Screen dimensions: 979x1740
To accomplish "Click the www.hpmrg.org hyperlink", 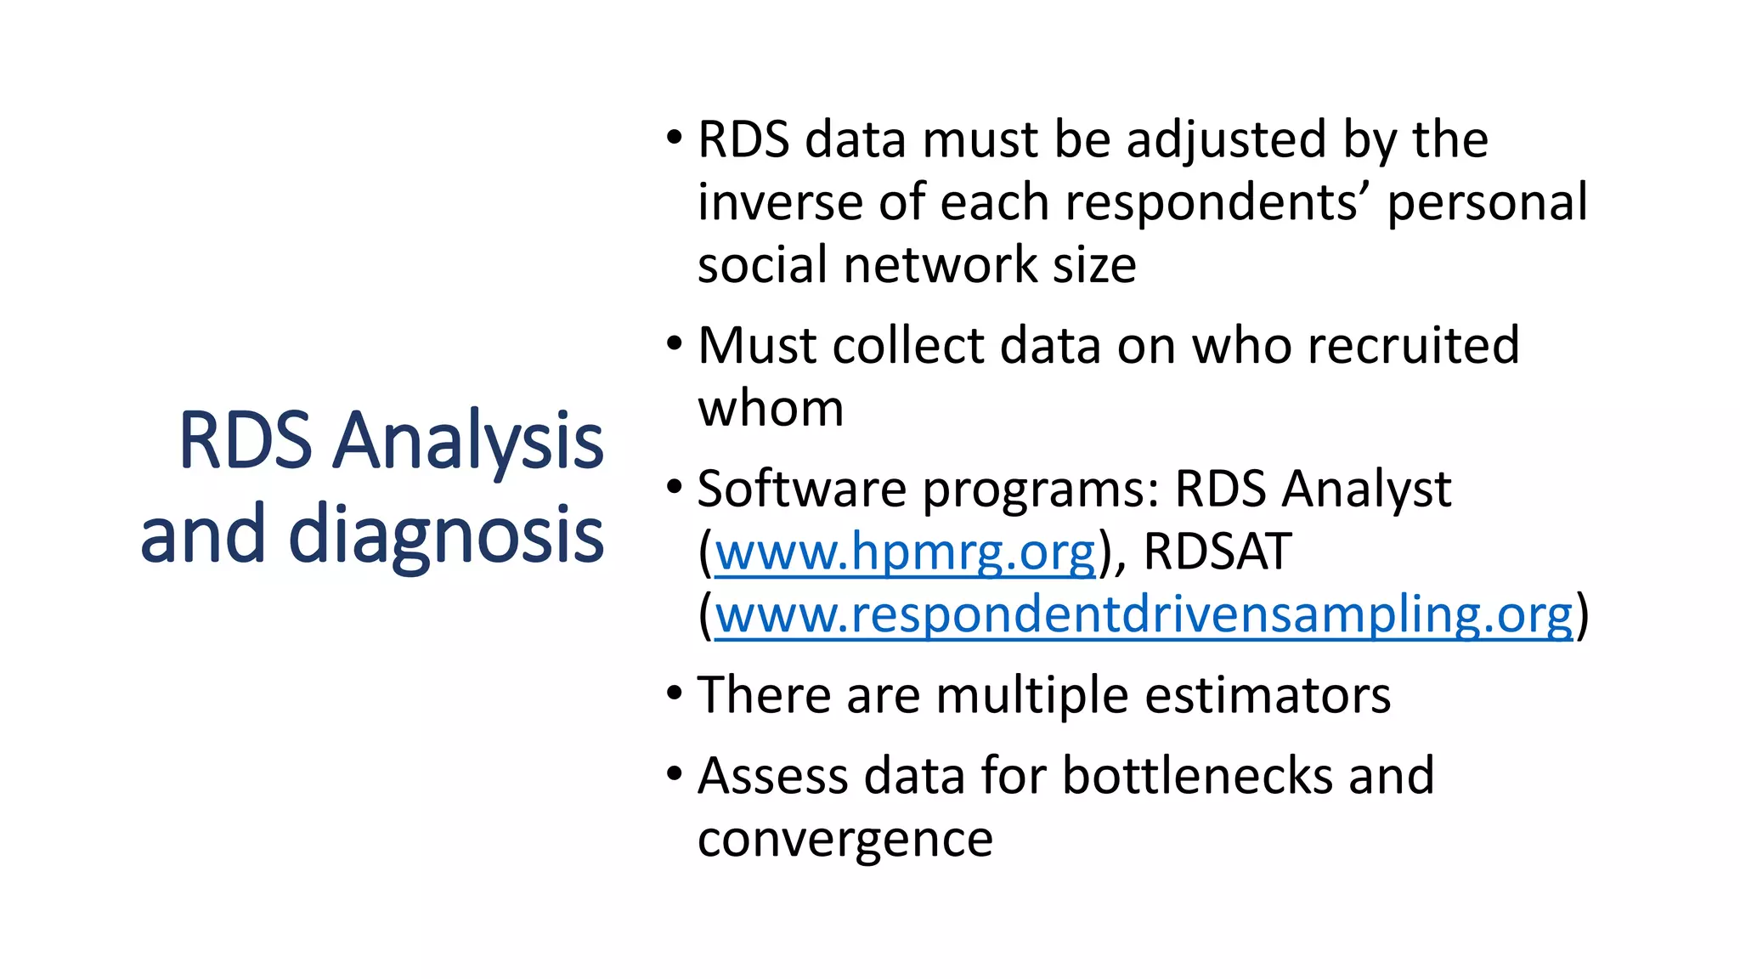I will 905,552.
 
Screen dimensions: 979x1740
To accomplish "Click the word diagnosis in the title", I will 446,534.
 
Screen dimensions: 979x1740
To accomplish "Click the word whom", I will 771,409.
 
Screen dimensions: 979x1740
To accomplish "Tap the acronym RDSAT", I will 1217,552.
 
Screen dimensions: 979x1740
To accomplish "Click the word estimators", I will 1268,695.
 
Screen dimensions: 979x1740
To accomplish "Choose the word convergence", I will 845,840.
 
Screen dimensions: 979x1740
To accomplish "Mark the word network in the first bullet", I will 941,265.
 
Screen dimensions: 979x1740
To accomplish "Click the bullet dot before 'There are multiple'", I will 675,693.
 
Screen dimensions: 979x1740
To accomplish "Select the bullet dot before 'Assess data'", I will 675,774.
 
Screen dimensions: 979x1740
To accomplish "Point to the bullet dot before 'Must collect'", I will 675,344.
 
